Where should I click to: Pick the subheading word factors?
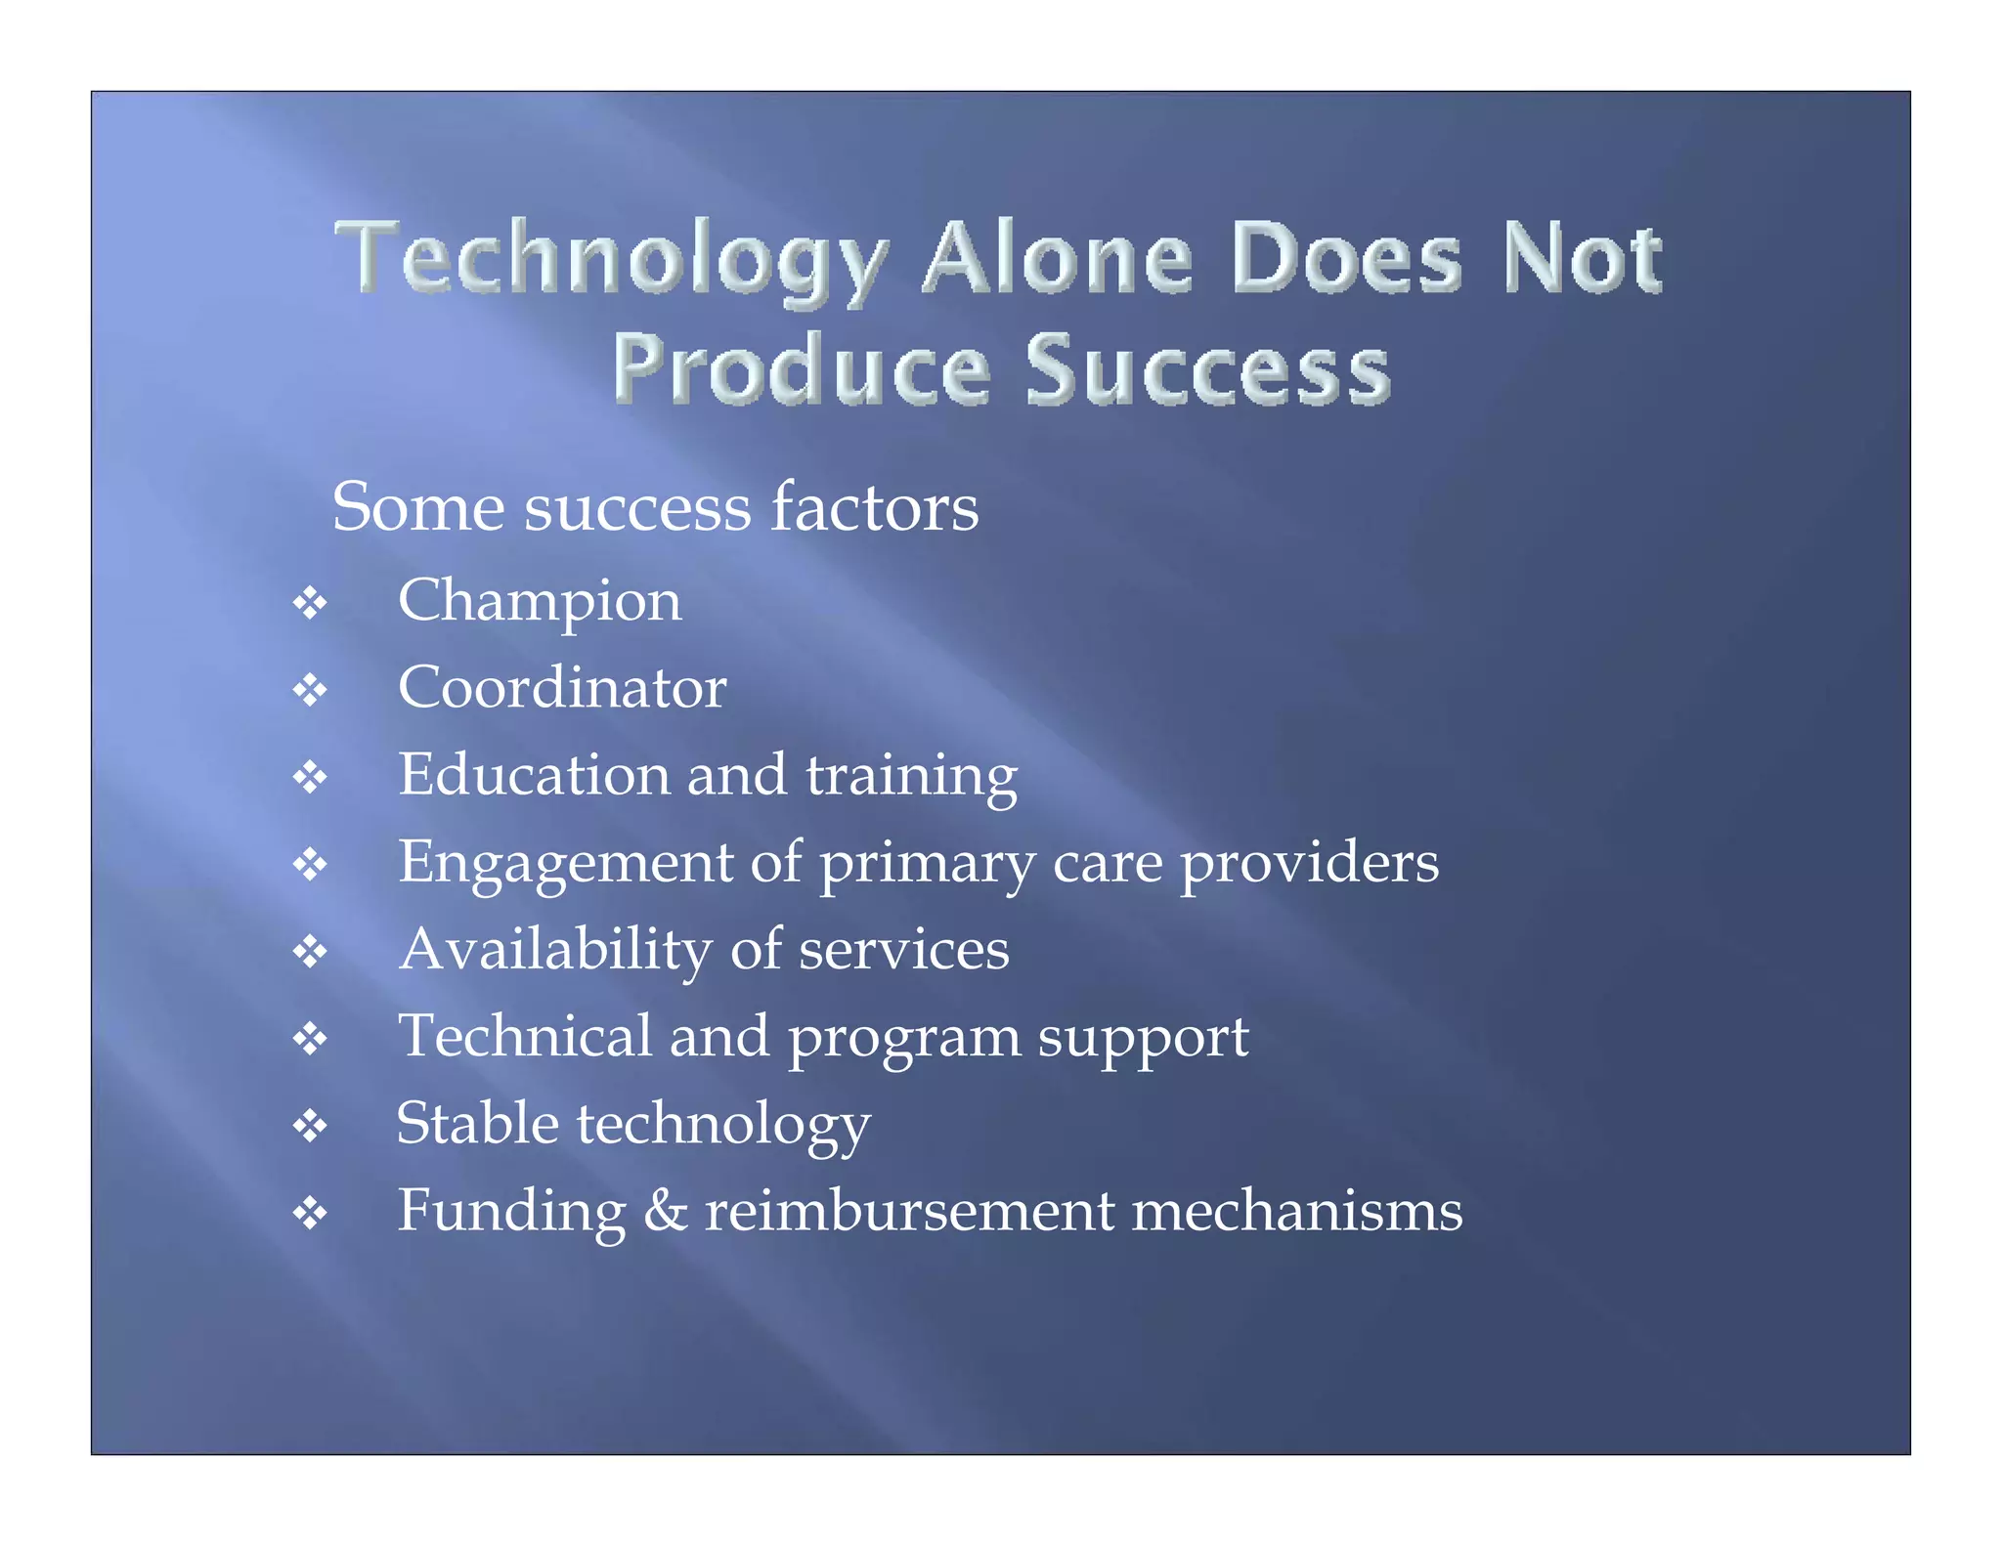pos(874,507)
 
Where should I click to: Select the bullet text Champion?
pos(540,600)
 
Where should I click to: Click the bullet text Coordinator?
pos(562,687)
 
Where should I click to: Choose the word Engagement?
pos(565,863)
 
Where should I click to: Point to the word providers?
pos(1309,863)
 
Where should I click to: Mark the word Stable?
pos(477,1123)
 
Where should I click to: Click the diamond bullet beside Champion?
pos(310,603)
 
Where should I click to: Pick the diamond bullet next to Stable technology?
pos(310,1126)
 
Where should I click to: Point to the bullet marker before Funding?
pos(310,1213)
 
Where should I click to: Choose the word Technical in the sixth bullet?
pos(525,1036)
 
